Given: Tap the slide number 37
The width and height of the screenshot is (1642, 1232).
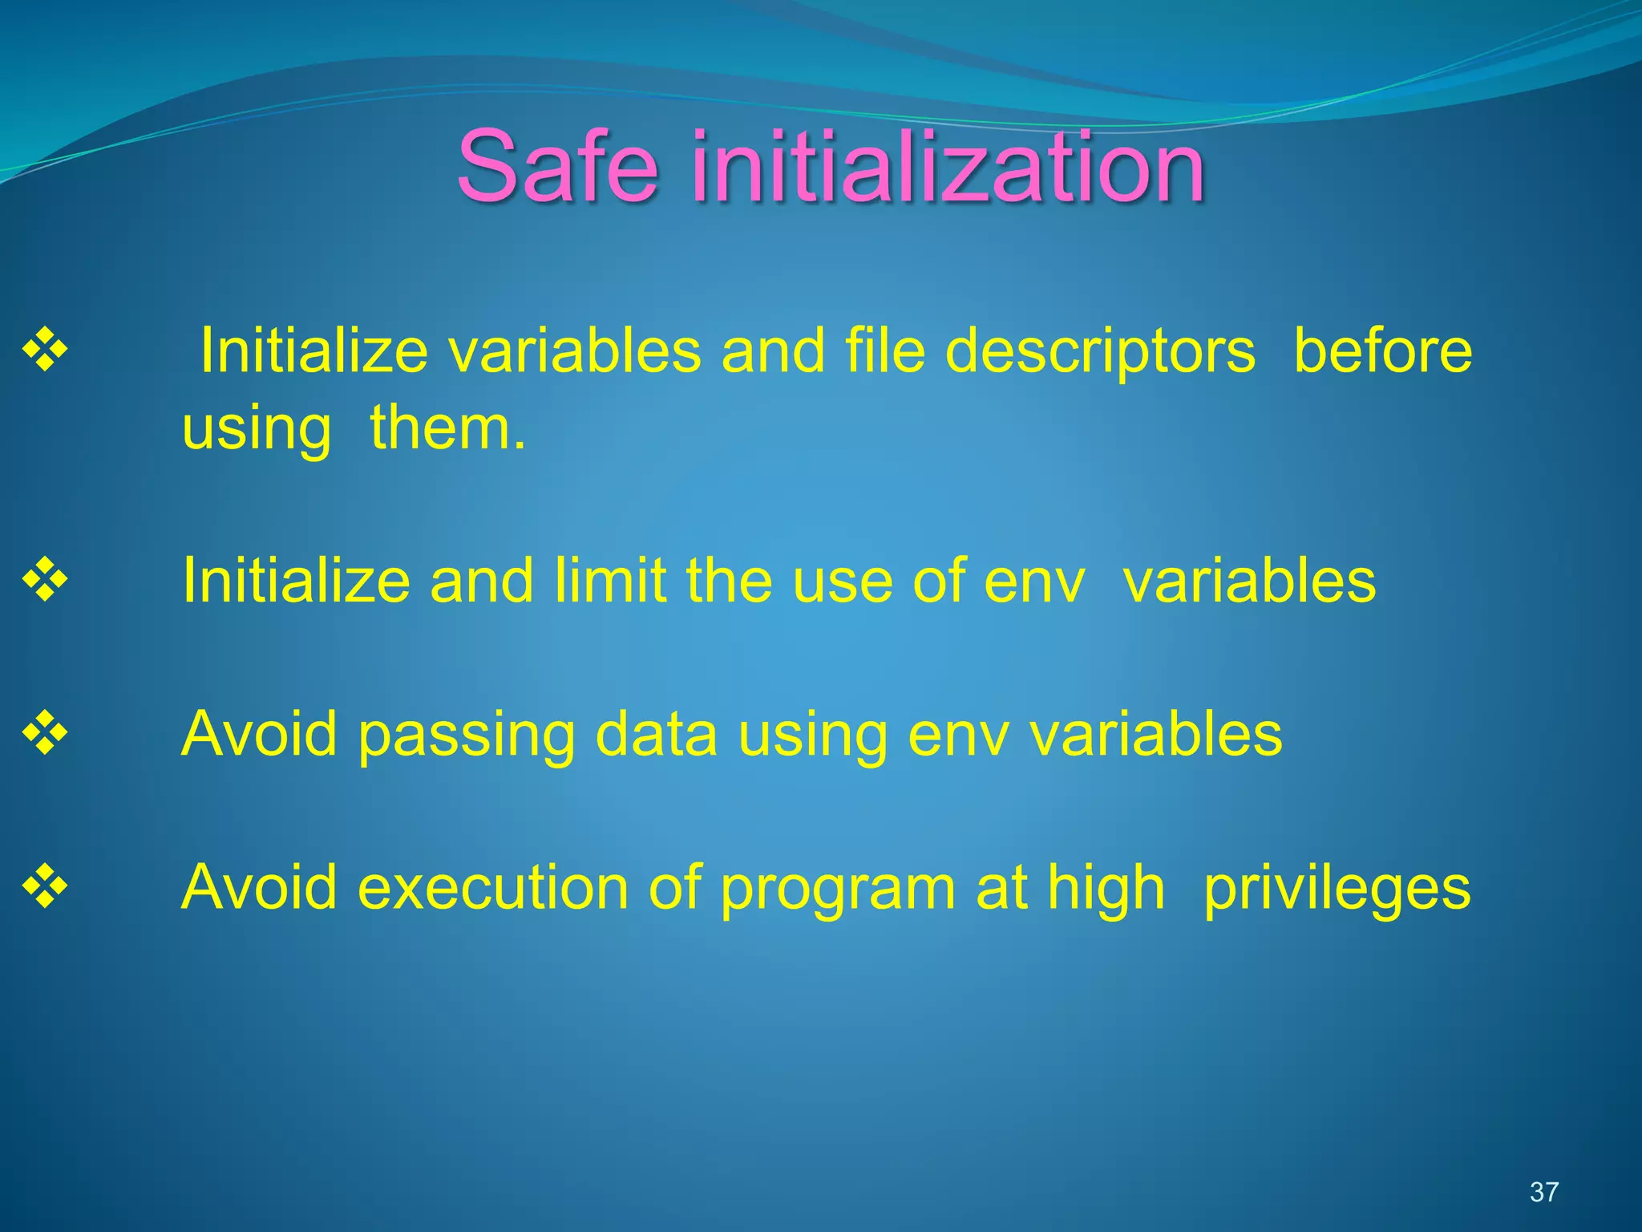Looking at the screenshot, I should pos(1543,1192).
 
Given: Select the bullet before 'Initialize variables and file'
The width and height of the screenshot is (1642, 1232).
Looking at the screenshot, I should pos(46,351).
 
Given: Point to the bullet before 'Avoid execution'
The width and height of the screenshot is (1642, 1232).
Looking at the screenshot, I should pos(46,887).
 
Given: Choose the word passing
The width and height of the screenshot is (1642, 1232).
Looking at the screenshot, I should pos(466,736).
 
